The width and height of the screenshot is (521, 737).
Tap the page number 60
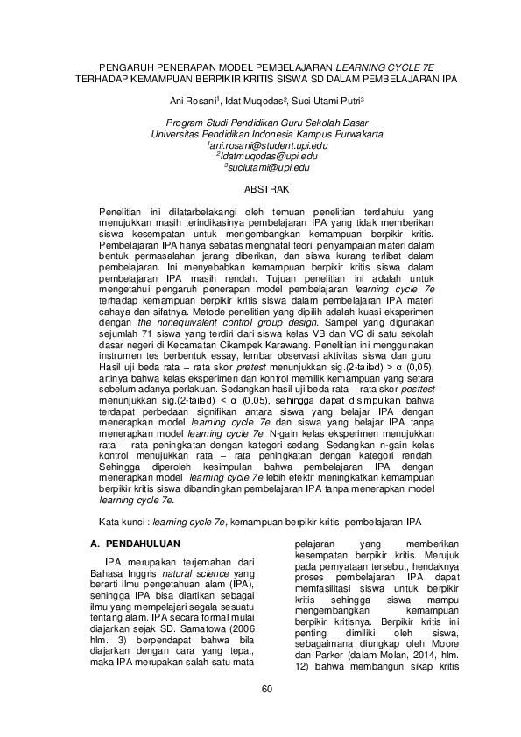[267, 689]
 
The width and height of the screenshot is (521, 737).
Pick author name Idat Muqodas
[255, 101]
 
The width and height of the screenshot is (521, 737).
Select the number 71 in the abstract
[158, 346]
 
